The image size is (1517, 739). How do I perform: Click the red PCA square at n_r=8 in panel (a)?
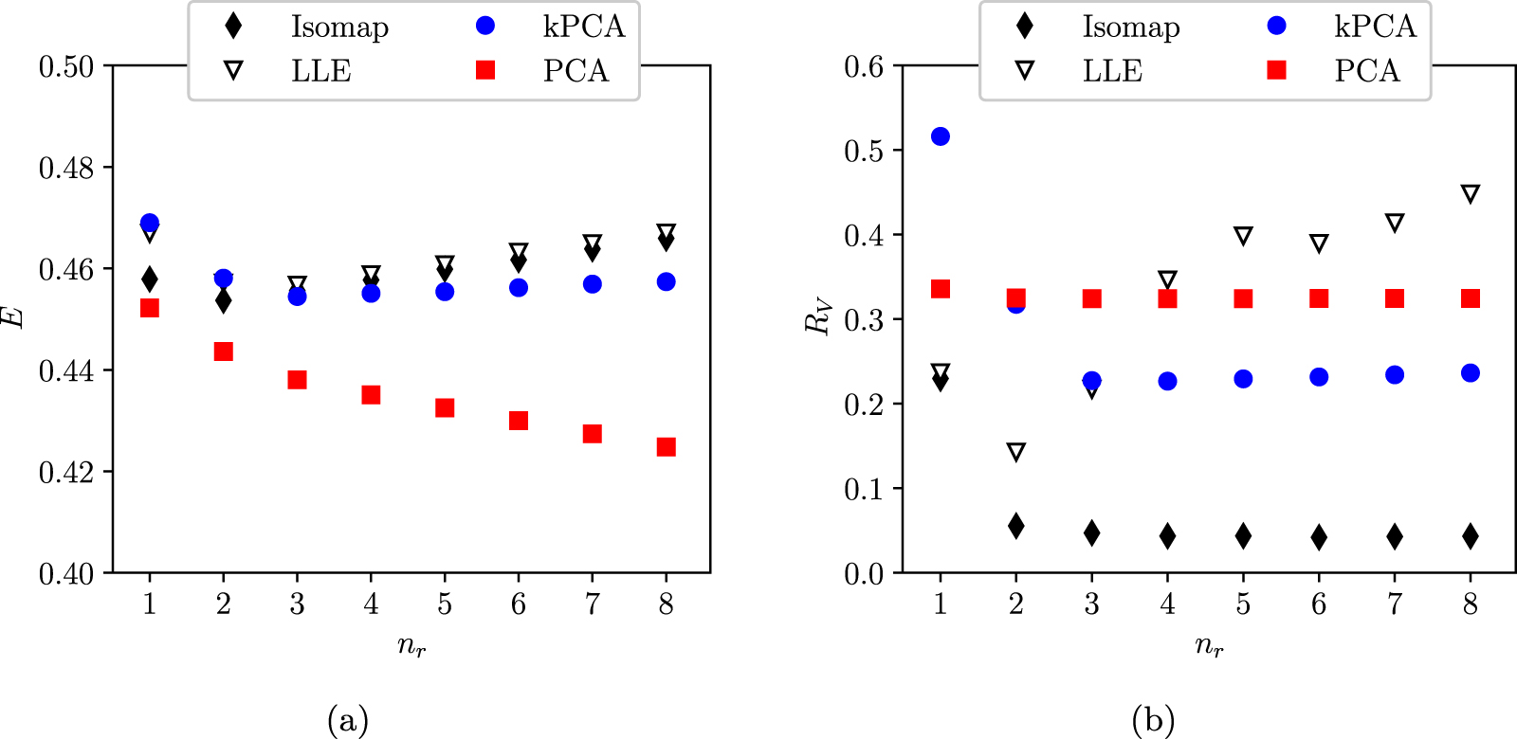[x=666, y=446]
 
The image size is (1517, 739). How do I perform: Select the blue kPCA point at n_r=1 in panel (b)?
[x=940, y=136]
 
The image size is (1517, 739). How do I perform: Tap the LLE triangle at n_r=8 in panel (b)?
[x=1470, y=194]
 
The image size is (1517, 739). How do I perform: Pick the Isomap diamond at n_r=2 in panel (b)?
[x=1015, y=526]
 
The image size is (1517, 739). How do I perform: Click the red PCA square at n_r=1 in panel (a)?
[x=149, y=308]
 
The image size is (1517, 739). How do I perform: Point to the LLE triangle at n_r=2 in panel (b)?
[x=1015, y=452]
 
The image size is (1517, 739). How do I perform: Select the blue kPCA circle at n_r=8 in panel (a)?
[x=666, y=281]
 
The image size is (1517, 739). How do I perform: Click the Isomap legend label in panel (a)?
[x=339, y=27]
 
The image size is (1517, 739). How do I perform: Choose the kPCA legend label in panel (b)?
[x=1375, y=27]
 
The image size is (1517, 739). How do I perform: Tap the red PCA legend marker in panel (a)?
[x=485, y=70]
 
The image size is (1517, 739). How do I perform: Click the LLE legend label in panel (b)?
[x=1112, y=70]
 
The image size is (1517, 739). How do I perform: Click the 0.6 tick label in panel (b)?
[x=864, y=66]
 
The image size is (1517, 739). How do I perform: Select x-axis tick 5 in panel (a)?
[x=445, y=604]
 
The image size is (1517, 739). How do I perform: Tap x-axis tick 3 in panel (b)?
[x=1091, y=604]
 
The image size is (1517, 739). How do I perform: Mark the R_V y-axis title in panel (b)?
[x=817, y=317]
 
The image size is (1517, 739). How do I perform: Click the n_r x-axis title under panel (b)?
[x=1208, y=646]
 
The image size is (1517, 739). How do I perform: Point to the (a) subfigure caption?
[x=347, y=721]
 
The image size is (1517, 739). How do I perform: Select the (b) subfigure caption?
[x=1153, y=721]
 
